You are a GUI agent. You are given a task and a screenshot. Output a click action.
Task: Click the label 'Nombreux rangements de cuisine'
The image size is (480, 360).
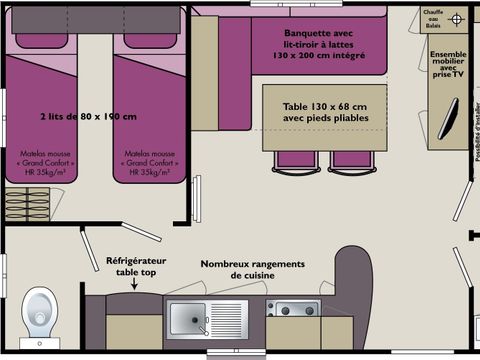click(251, 269)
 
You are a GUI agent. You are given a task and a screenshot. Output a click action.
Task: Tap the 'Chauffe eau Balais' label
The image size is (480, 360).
click(433, 19)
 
